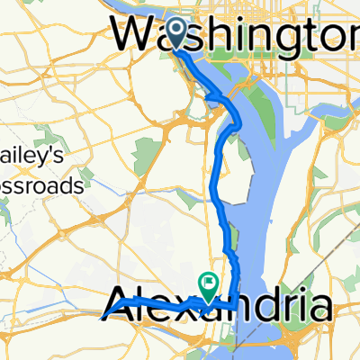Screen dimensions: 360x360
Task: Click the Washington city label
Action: coord(238,33)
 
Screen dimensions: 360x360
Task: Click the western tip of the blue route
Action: coord(98,316)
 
